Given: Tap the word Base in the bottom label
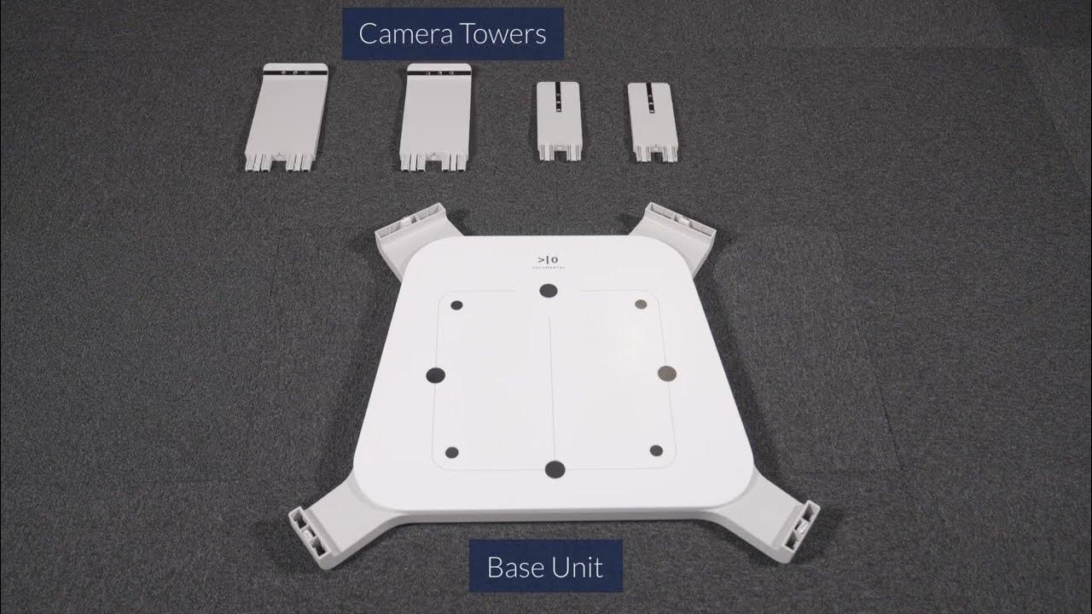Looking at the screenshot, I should [516, 567].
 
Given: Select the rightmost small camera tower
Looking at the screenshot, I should [653, 122].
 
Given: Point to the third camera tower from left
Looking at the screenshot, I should [560, 121].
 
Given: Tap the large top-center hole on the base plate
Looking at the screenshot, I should [549, 291].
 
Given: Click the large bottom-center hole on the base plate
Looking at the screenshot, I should [555, 469].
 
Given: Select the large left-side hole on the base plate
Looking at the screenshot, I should [436, 374].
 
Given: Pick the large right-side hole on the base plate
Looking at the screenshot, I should [667, 373].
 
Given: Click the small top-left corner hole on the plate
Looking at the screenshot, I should [456, 304].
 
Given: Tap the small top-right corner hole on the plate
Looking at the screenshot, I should [642, 304].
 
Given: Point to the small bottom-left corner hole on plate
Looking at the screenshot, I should [452, 453].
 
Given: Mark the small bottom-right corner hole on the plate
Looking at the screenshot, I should [656, 450].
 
